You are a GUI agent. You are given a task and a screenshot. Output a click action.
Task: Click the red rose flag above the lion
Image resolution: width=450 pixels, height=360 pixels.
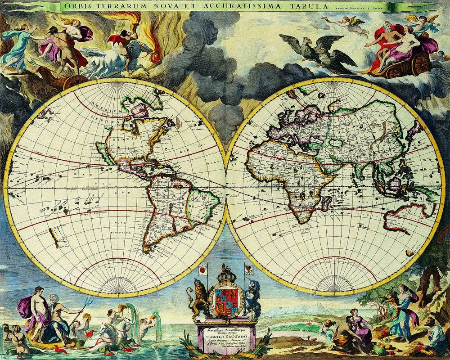pos(203,270)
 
